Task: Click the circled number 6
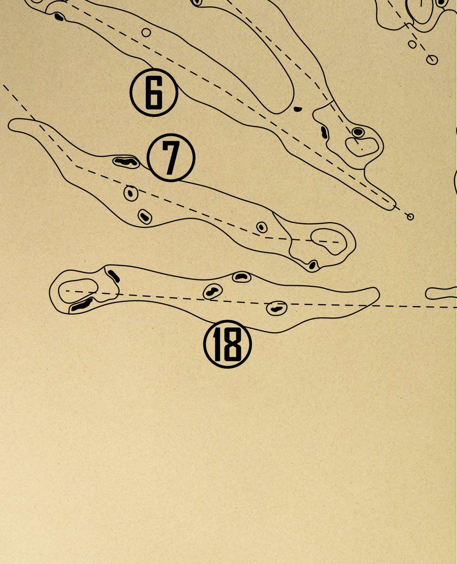(x=154, y=92)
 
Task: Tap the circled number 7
(x=171, y=157)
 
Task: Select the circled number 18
(x=228, y=344)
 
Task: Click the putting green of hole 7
(x=329, y=241)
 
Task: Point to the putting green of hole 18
(x=78, y=291)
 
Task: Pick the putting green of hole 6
(x=362, y=147)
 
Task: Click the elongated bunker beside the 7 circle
(x=126, y=162)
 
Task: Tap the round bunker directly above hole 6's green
(x=358, y=132)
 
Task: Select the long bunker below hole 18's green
(x=82, y=305)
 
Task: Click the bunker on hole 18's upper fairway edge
(x=242, y=277)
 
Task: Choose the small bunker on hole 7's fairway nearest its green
(x=262, y=227)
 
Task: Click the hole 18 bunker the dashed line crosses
(x=276, y=308)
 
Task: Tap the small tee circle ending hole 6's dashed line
(x=410, y=217)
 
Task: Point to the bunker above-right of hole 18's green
(x=114, y=276)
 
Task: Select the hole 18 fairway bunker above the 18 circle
(x=213, y=291)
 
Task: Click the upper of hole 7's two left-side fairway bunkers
(x=131, y=193)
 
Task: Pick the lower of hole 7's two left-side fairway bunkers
(x=145, y=217)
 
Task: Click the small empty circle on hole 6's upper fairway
(x=146, y=32)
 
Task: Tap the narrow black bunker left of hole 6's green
(x=324, y=132)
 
